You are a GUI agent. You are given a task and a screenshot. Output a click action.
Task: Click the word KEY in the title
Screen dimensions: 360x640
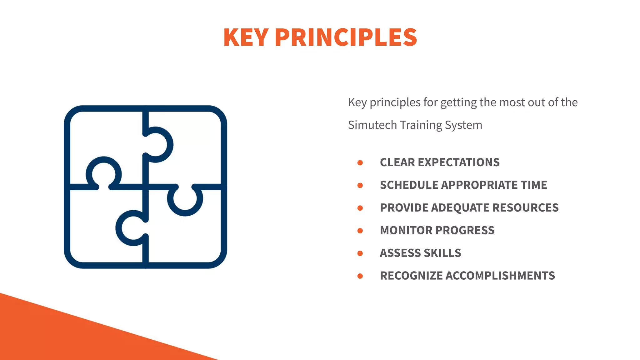pos(246,37)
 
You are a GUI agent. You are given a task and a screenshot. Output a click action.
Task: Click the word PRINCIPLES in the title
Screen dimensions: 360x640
pos(346,37)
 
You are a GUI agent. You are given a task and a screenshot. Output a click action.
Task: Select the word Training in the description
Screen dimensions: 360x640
pos(421,125)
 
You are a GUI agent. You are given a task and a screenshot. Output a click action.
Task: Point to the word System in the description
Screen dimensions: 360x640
pos(463,125)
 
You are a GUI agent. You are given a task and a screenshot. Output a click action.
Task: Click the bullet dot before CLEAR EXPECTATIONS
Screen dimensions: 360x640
pos(360,163)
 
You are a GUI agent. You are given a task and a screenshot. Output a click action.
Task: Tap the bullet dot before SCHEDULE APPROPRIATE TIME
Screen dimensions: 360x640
pos(360,185)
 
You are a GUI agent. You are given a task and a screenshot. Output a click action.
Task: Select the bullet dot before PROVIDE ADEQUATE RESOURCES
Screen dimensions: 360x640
pos(360,208)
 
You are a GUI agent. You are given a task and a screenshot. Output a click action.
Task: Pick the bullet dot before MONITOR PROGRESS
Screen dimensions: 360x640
pos(360,231)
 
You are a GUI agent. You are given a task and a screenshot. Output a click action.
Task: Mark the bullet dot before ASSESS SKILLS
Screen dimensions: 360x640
pos(360,253)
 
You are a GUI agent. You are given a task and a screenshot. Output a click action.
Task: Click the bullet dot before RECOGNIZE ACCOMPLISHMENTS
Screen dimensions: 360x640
pos(360,276)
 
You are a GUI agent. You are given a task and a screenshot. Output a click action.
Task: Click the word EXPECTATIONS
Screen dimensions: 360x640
pos(458,162)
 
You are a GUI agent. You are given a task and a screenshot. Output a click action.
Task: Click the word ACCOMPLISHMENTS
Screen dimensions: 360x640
pos(500,276)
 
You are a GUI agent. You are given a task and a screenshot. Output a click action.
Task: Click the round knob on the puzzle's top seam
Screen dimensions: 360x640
pos(159,145)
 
